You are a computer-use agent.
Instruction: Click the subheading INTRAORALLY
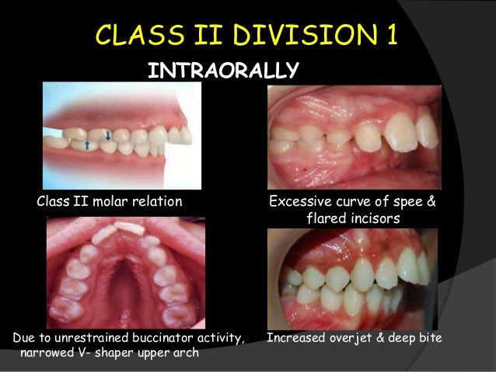pyautogui.click(x=223, y=71)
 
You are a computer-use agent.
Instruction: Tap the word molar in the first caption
pyautogui.click(x=110, y=203)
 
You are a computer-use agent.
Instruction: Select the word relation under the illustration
pyautogui.click(x=157, y=203)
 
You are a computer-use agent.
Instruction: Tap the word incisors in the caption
pyautogui.click(x=375, y=219)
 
